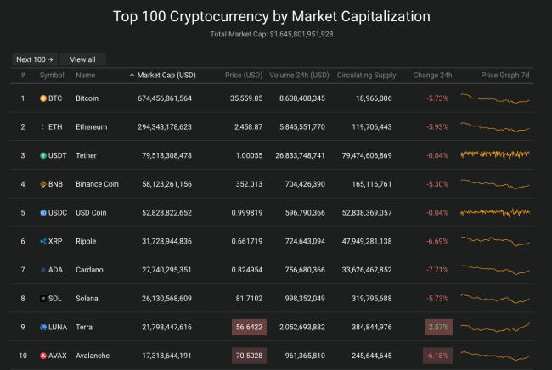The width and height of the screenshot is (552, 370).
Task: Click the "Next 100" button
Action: (x=35, y=59)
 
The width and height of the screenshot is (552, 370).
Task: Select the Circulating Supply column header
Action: (x=366, y=75)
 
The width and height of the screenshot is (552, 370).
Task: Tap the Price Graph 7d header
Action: (x=505, y=75)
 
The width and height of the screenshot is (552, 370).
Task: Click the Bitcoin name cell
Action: (x=87, y=98)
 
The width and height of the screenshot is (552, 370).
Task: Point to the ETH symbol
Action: (x=55, y=127)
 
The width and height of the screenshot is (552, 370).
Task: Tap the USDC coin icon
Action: (x=43, y=212)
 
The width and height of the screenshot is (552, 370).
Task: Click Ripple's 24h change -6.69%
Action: (x=438, y=241)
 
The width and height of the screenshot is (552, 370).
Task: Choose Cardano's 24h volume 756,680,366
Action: (x=299, y=270)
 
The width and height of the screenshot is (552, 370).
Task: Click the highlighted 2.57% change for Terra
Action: (x=438, y=327)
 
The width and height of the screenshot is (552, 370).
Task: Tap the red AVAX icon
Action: (x=43, y=356)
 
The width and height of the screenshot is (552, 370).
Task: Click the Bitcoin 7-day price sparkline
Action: (x=495, y=98)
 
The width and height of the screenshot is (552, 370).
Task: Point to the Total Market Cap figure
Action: (x=301, y=34)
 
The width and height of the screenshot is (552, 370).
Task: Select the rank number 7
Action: (x=23, y=270)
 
